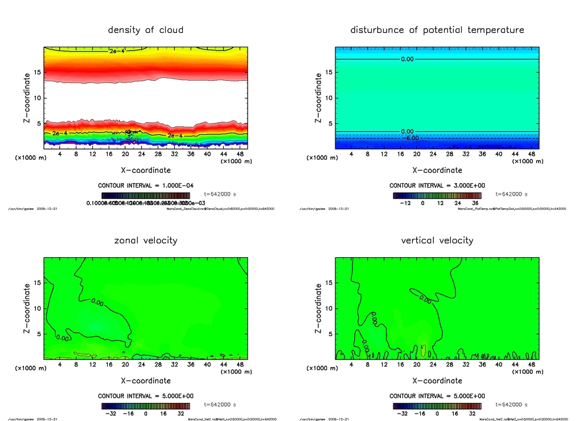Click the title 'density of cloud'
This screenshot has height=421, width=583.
(146, 30)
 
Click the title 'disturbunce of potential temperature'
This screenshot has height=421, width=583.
(437, 30)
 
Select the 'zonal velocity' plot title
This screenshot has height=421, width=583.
(146, 240)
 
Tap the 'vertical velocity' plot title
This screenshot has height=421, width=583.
(437, 240)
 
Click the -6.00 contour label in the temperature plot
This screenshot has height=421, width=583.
(411, 138)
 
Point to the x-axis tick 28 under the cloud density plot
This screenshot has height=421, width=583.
(158, 154)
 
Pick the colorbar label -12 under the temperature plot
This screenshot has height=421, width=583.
(405, 203)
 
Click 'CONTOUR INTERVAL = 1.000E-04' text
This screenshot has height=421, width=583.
(146, 185)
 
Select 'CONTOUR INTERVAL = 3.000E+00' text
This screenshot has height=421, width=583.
(437, 185)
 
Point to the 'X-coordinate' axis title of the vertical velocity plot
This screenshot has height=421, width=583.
(437, 381)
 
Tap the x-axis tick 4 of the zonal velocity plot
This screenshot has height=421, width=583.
(60, 365)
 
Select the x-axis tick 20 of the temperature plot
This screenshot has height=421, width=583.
(417, 154)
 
